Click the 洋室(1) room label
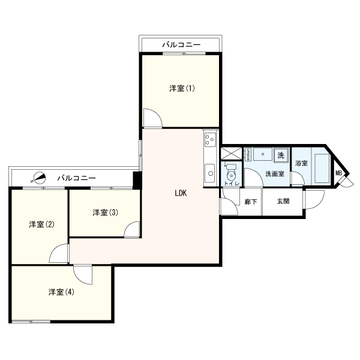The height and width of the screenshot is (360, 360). (x=181, y=89)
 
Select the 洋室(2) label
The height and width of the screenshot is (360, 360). (x=42, y=224)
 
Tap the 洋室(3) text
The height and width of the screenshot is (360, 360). (x=104, y=212)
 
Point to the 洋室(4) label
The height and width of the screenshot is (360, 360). (x=61, y=292)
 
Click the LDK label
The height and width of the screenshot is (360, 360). (x=181, y=193)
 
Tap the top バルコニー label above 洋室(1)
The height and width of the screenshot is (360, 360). (x=181, y=45)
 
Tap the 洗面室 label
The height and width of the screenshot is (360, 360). (x=274, y=174)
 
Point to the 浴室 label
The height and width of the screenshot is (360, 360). (x=301, y=163)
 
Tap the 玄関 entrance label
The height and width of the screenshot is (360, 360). (x=283, y=202)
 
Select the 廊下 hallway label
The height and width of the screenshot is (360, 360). (x=251, y=202)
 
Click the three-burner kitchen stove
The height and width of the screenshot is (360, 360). (x=209, y=141)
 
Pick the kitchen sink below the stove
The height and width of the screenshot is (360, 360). (x=209, y=174)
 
